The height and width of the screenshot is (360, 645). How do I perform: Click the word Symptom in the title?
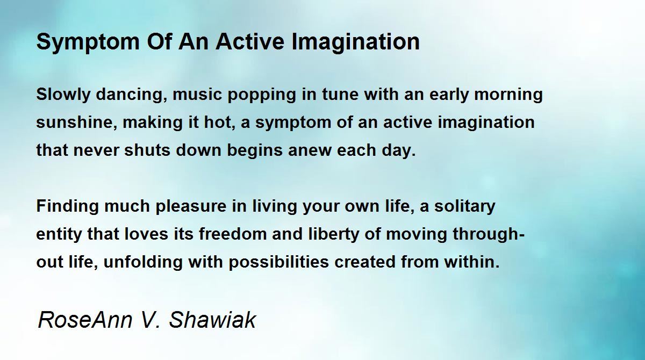click(88, 42)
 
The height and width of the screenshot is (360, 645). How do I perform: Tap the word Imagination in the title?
click(355, 42)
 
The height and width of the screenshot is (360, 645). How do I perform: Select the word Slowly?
click(63, 95)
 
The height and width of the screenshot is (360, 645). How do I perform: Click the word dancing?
click(132, 95)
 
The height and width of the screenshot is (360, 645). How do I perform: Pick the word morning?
click(508, 95)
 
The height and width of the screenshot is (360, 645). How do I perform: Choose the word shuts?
click(147, 150)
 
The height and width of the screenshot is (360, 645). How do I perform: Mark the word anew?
click(310, 151)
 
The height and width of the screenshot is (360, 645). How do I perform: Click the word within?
click(472, 262)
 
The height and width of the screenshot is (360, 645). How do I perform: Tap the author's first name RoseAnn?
click(85, 320)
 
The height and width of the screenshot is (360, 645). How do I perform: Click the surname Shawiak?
click(212, 320)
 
